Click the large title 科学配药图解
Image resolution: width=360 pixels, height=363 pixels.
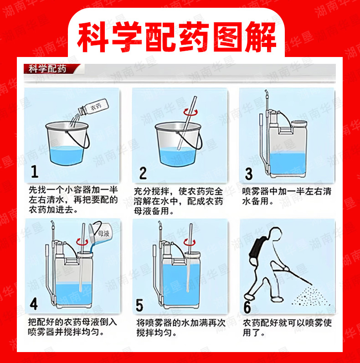click(x=176, y=37)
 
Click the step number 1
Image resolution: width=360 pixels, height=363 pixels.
click(x=35, y=171)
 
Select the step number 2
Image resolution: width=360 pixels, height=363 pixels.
click(x=143, y=173)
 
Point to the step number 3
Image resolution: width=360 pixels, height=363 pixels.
click(x=249, y=174)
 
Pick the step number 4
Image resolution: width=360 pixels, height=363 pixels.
click(x=34, y=304)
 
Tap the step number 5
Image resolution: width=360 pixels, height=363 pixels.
click(x=139, y=305)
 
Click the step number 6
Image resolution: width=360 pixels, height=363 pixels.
click(x=247, y=307)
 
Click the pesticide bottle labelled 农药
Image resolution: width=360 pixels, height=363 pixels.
click(x=93, y=107)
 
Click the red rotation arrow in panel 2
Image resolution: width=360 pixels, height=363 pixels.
click(x=190, y=113)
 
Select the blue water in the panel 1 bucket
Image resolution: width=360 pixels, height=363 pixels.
click(x=67, y=156)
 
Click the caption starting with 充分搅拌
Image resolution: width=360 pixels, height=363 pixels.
click(x=178, y=201)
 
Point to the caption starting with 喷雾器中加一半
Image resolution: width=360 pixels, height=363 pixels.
click(x=287, y=196)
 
